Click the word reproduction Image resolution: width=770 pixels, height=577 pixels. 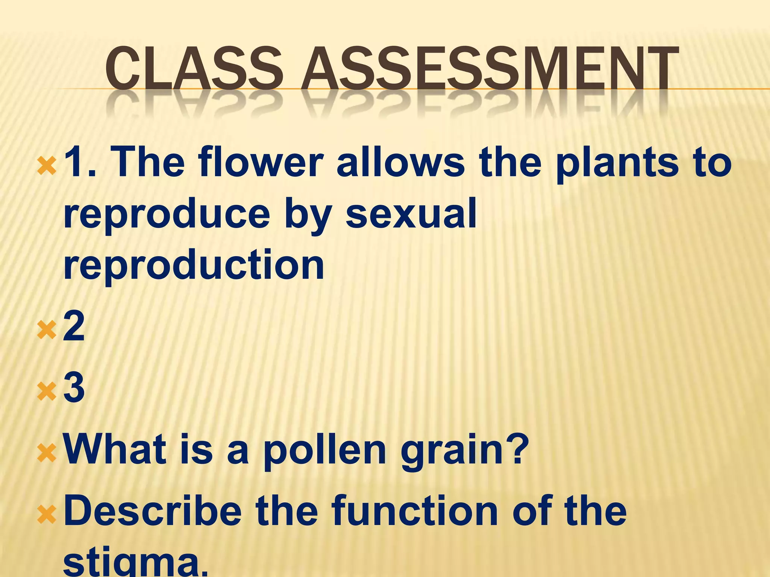[x=194, y=265]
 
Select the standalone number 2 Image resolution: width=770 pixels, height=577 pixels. [x=74, y=326]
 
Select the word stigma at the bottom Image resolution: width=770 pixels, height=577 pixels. [x=135, y=565]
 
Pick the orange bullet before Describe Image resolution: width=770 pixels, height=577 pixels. [x=47, y=515]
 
